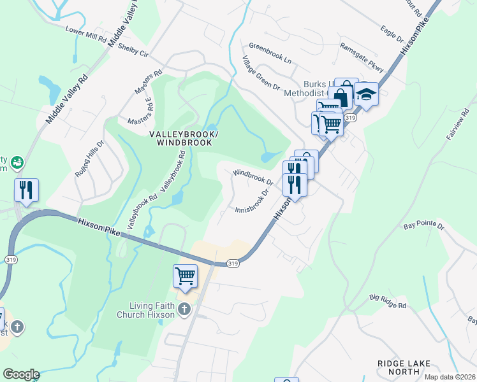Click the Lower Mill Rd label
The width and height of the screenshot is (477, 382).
pos(85,34)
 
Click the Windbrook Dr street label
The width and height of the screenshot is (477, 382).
pos(253,177)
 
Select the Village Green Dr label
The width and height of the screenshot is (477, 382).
pos(261,73)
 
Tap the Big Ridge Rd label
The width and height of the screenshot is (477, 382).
pos(387,301)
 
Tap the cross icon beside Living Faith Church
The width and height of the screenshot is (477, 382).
pos(184,310)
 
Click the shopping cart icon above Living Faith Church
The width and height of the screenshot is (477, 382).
pos(184,276)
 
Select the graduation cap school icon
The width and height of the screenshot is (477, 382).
pos(366,94)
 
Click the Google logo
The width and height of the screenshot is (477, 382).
pos(20,374)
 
